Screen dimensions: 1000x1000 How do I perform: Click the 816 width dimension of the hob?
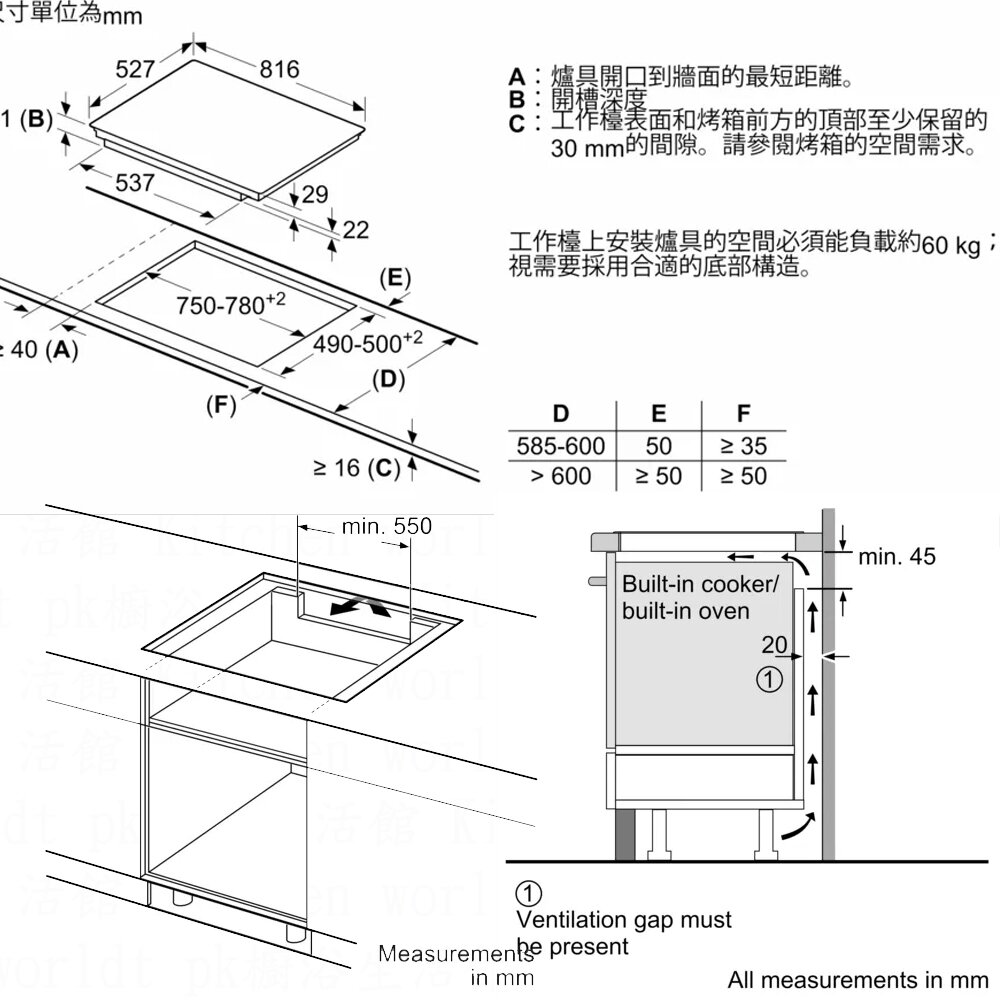coord(279,69)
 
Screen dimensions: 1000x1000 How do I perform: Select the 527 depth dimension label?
coord(135,69)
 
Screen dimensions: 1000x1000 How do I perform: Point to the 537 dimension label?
coord(135,183)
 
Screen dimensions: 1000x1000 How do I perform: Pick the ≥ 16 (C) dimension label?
coord(356,467)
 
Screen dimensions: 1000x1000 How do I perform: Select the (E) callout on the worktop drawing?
coord(396,277)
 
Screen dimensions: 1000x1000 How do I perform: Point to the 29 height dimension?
coord(314,195)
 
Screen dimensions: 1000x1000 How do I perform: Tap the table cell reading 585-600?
coord(560,445)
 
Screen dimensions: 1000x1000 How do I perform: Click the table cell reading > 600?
coord(560,476)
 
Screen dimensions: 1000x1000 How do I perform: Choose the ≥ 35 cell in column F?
coord(743,445)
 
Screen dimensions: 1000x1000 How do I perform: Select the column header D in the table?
coord(560,414)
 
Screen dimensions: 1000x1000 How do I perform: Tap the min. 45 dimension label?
coord(897,556)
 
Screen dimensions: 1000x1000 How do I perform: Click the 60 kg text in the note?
coord(951,246)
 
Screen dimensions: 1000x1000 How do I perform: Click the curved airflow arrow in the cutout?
coord(361,609)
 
